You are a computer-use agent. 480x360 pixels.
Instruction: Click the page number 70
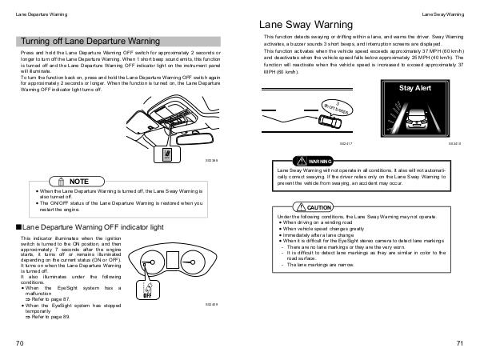pyautogui.click(x=18, y=343)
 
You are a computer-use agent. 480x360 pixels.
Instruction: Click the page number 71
pyautogui.click(x=460, y=343)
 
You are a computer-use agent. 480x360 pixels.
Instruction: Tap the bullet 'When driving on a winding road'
pyautogui.click(x=315, y=222)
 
